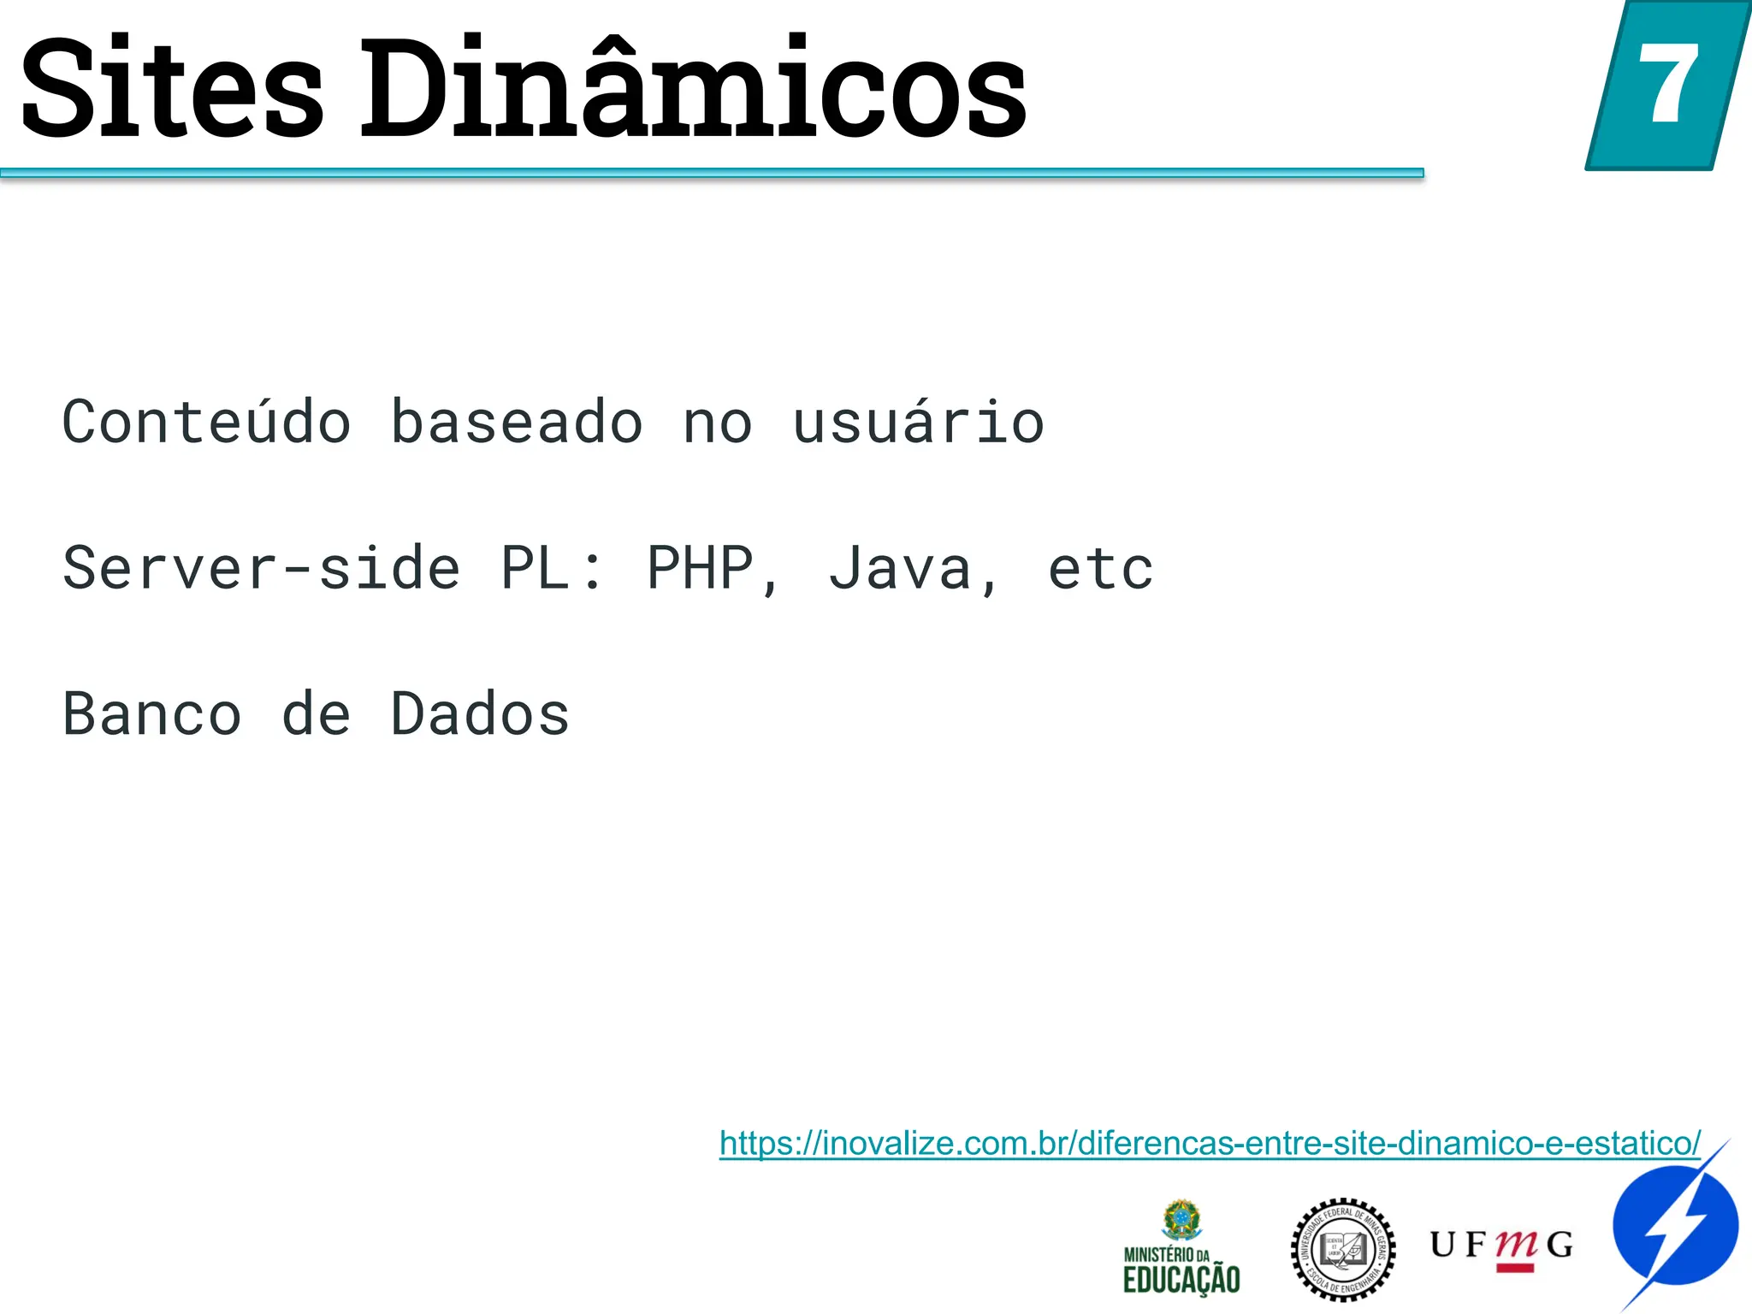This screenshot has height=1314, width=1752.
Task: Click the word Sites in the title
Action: (x=172, y=89)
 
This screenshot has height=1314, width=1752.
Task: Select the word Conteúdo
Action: (x=206, y=423)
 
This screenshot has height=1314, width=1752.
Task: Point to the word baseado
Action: (x=517, y=423)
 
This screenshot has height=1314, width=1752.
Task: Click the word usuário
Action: (x=918, y=423)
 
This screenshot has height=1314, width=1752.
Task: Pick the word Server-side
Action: (x=262, y=568)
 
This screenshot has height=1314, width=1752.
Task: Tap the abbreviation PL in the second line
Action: (x=535, y=568)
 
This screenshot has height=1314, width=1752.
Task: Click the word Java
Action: (x=900, y=568)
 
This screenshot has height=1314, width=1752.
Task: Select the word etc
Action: (x=1101, y=568)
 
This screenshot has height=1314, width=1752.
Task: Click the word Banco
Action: (x=152, y=714)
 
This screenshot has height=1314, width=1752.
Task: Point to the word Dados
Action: (x=480, y=714)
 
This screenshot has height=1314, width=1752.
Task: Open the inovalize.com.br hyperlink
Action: (x=1210, y=1143)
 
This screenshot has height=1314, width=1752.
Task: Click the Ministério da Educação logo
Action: (x=1181, y=1248)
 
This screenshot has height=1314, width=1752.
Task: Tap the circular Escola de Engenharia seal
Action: (x=1342, y=1249)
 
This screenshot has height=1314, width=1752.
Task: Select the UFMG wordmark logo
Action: (x=1501, y=1246)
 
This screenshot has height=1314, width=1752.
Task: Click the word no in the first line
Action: (x=718, y=423)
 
